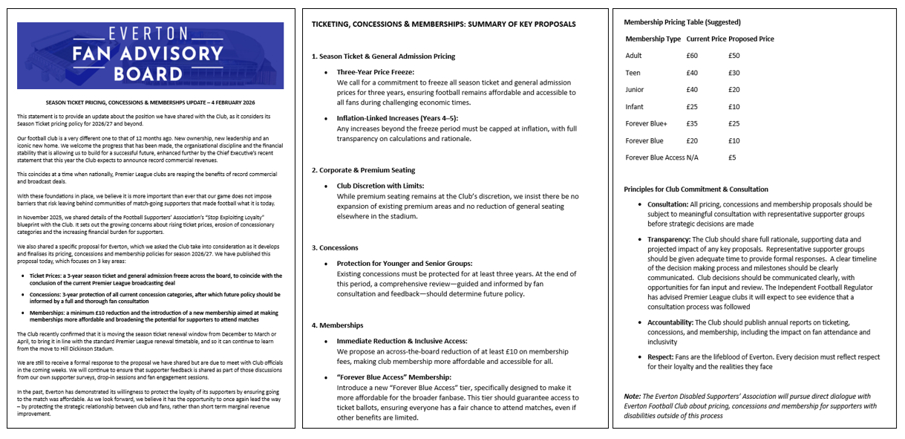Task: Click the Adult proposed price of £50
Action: [734, 56]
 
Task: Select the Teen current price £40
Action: [692, 73]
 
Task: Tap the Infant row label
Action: [635, 107]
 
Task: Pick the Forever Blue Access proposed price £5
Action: [731, 157]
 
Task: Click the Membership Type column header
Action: [653, 39]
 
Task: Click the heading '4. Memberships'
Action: [337, 325]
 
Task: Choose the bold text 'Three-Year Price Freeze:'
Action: [375, 72]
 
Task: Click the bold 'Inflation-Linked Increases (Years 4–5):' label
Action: [397, 118]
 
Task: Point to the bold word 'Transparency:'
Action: [664, 240]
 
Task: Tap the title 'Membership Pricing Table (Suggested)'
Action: [682, 22]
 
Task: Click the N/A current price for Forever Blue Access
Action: [692, 157]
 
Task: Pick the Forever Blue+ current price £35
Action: [692, 124]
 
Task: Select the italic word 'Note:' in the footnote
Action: [633, 397]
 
